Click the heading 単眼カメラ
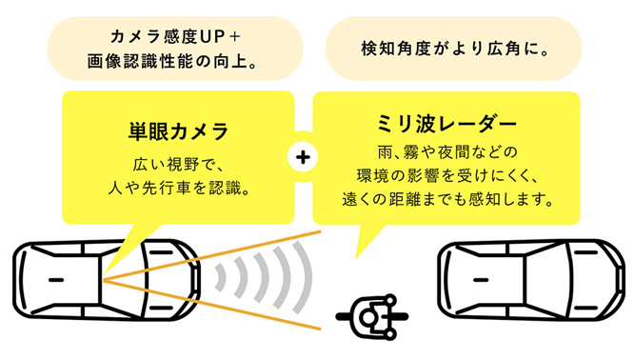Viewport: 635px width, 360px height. (x=178, y=129)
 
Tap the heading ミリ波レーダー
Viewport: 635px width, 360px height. (x=446, y=125)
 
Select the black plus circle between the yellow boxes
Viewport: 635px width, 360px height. (x=302, y=157)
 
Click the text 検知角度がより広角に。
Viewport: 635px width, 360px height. (x=454, y=48)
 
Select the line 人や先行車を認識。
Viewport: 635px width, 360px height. (x=178, y=188)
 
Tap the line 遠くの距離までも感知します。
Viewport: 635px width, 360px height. (x=446, y=200)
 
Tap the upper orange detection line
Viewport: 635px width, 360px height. (x=219, y=254)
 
